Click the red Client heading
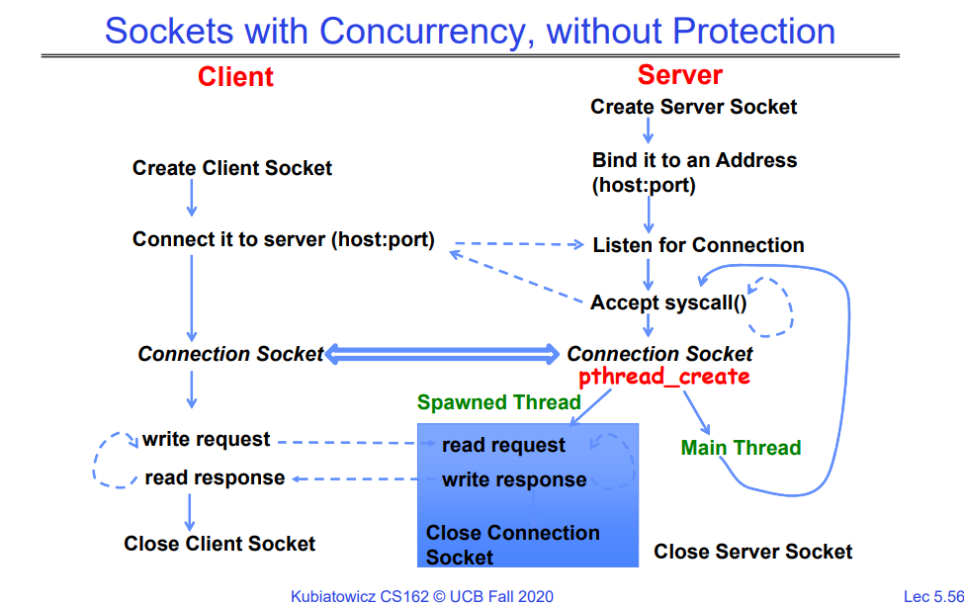tap(235, 77)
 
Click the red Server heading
tap(679, 75)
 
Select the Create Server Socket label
tap(693, 107)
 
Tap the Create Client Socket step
tap(232, 168)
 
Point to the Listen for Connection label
tap(698, 245)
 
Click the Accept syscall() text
tap(668, 302)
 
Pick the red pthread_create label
tap(664, 377)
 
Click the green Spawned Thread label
tap(498, 402)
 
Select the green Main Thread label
tap(741, 448)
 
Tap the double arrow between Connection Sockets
tap(444, 353)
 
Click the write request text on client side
tap(206, 439)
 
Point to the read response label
tap(215, 477)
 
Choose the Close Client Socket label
tap(219, 544)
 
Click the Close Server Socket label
tap(752, 552)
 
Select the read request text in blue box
tap(503, 446)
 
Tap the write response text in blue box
tap(513, 480)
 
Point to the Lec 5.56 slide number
tap(932, 595)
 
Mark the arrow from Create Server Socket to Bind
tap(648, 130)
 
